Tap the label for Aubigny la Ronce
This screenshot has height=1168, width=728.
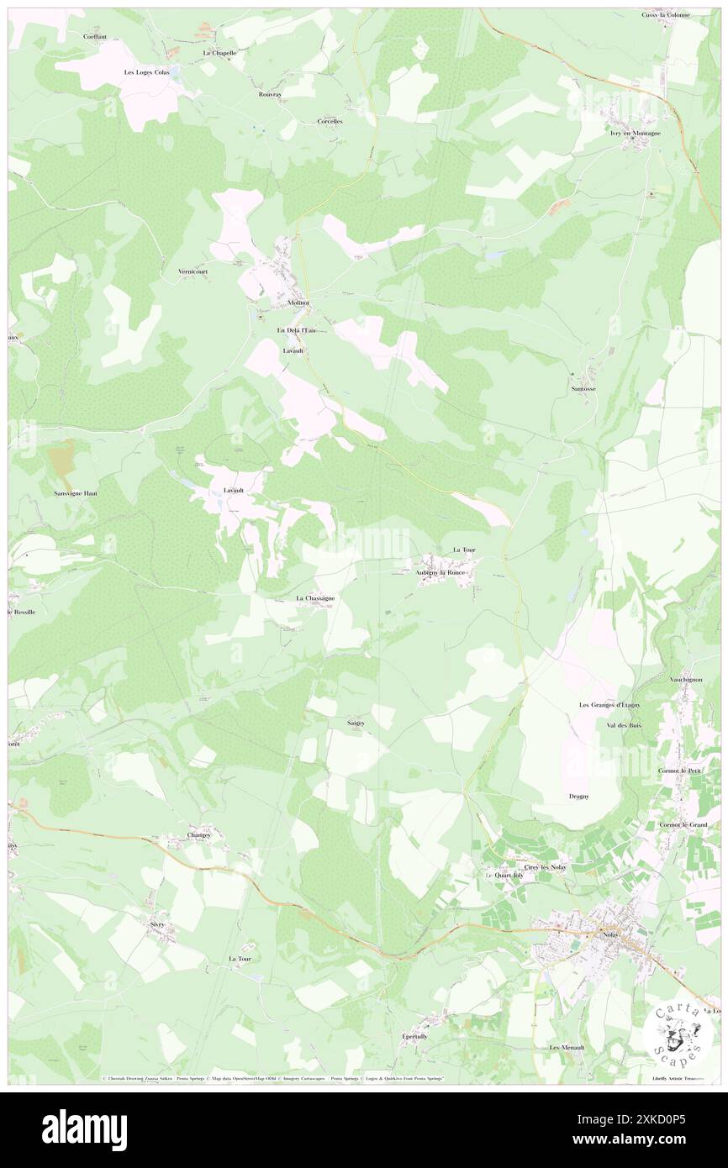(440, 572)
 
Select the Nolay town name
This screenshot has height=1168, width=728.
(609, 935)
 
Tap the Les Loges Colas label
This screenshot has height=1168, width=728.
(146, 72)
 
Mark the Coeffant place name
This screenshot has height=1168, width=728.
(95, 37)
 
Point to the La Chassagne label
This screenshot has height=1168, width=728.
(315, 598)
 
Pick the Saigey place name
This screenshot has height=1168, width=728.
(355, 722)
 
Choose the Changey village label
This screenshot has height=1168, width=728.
(198, 834)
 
